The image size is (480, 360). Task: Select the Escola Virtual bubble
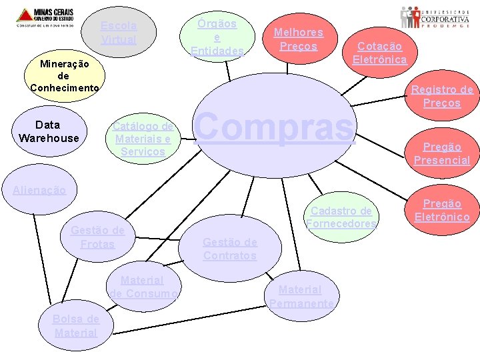119,33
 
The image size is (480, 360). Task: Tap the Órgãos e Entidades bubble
217,37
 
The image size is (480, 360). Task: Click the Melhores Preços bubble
299,39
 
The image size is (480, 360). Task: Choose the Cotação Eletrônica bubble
380,53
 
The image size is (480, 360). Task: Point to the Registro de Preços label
441,96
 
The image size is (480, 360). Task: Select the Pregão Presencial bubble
441,153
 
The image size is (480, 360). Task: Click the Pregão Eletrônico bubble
442,210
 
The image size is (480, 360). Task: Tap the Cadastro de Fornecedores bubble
341,217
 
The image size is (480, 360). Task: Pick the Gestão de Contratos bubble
230,249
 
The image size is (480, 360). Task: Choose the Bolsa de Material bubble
76,325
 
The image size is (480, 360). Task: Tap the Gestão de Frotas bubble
97,237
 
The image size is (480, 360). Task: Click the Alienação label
39,190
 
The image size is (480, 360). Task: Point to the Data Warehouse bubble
48,131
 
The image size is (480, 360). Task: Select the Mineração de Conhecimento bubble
64,76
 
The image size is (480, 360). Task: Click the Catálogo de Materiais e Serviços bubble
143,139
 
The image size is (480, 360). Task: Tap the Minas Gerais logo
45,17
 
